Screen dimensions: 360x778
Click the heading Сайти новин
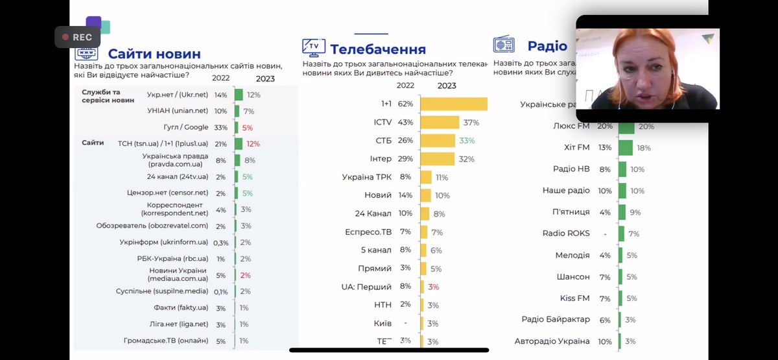[x=154, y=54]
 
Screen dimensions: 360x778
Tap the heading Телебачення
[x=378, y=49]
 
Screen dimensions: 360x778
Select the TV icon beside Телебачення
[x=314, y=47]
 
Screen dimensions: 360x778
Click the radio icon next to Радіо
[x=504, y=45]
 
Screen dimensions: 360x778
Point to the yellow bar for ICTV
[x=440, y=122]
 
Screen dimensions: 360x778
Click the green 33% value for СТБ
[x=467, y=140]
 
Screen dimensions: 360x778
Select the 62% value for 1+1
[x=406, y=104]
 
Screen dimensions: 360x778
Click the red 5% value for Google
[x=248, y=127]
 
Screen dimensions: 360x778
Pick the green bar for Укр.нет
[x=238, y=95]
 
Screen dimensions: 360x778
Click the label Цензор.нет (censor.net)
[x=168, y=193]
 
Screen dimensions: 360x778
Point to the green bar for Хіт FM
[x=626, y=148]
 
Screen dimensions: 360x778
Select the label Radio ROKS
[x=566, y=234]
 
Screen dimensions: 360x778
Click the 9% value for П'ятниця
[x=635, y=212]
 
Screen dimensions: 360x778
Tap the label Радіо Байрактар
[x=556, y=319]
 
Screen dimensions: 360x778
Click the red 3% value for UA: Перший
[x=434, y=287]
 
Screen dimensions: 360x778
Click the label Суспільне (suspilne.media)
[x=162, y=291]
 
